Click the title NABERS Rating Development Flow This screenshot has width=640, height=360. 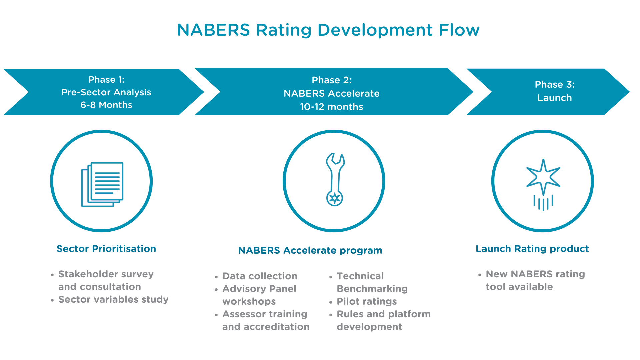[x=328, y=30]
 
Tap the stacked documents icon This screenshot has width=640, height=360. [x=102, y=184]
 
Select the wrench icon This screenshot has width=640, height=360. [x=335, y=179]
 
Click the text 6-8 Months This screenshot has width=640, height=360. [x=106, y=105]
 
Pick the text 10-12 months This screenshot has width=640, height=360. [x=332, y=107]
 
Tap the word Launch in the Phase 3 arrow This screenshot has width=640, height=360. [x=555, y=98]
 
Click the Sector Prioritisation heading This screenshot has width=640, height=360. [x=106, y=249]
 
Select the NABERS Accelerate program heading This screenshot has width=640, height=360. [x=310, y=250]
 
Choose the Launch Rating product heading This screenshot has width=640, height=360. [x=532, y=249]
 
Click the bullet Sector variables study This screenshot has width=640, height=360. [x=113, y=299]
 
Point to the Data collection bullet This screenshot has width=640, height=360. [x=260, y=276]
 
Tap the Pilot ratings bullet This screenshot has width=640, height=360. [x=367, y=301]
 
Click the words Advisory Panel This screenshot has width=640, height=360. [x=259, y=289]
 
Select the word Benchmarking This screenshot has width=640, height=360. [x=372, y=289]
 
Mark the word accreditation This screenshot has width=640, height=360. [x=277, y=327]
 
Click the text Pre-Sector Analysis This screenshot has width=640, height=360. [x=106, y=92]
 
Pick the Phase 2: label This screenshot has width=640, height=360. [x=332, y=80]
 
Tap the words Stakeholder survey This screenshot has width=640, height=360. [x=106, y=274]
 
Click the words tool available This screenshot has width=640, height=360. [x=519, y=287]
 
